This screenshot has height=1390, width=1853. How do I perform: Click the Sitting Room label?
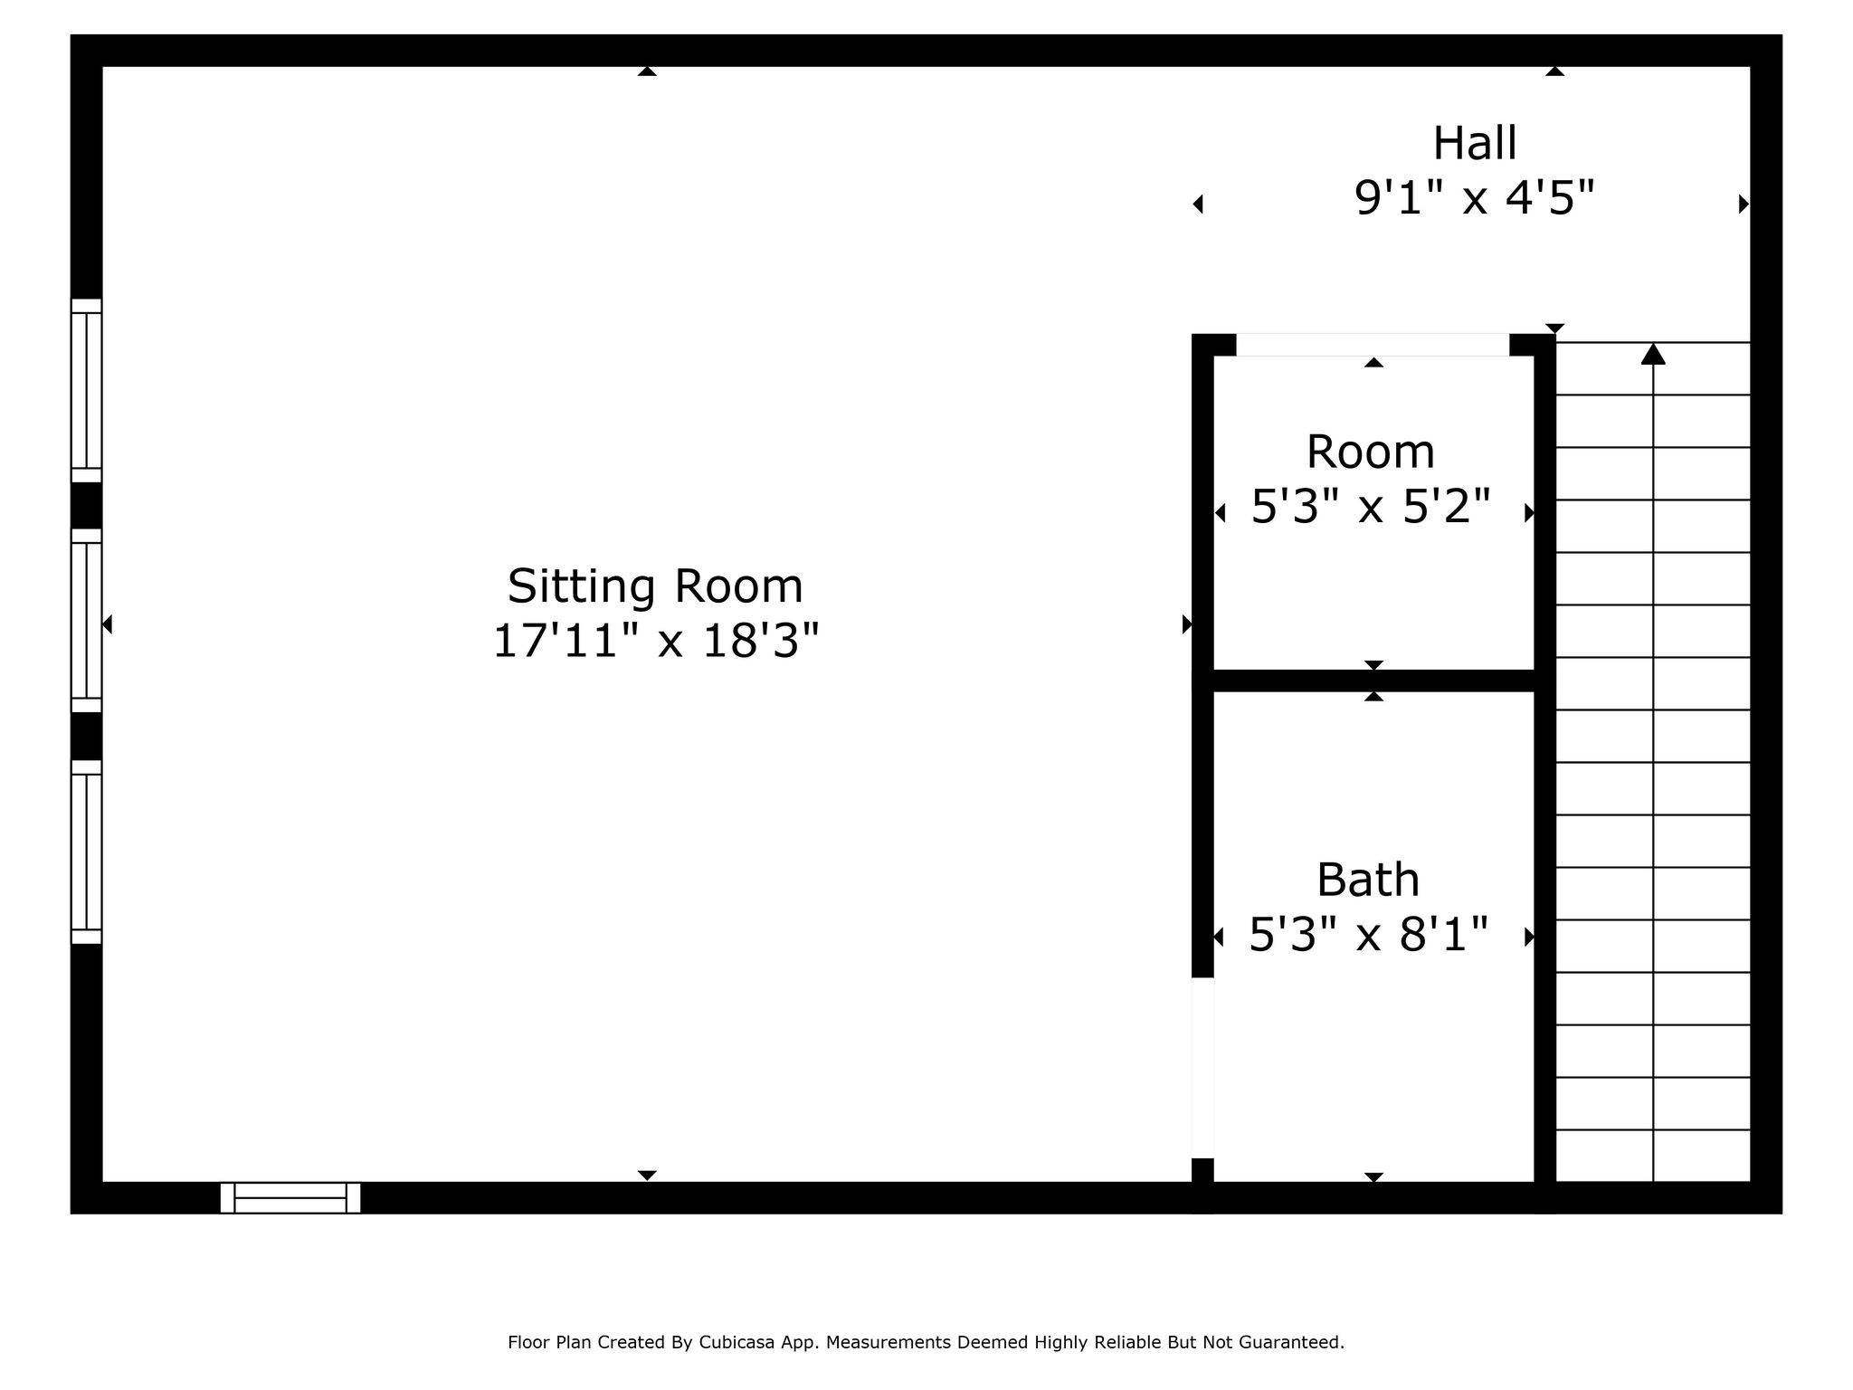pos(655,586)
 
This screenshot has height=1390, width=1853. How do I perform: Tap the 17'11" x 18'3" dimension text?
pos(655,642)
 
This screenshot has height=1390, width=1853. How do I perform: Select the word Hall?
pos(1475,143)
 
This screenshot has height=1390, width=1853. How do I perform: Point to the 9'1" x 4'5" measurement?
pos(1474,198)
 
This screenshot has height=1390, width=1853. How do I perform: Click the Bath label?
pos(1368,880)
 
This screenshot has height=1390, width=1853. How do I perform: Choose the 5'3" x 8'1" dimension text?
pos(1368,935)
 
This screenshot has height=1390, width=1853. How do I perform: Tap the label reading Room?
pos(1371,452)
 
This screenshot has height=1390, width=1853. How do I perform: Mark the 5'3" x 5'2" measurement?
pos(1371,507)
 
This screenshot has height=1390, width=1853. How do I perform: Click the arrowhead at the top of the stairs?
pos(1653,354)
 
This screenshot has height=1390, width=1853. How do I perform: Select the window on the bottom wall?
pos(290,1197)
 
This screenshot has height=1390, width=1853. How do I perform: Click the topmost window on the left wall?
pos(86,390)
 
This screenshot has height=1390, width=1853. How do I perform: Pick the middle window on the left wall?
pos(86,621)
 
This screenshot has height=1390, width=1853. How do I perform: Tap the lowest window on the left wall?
pos(86,852)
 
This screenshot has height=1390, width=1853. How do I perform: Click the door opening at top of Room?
pos(1373,345)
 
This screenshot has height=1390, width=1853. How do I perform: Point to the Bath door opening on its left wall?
pos(1202,1068)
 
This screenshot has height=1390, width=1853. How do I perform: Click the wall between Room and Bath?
pos(1373,681)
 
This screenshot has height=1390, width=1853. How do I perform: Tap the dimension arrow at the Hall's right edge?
pos(1744,205)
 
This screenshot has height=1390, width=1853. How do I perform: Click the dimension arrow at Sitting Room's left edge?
pos(107,624)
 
